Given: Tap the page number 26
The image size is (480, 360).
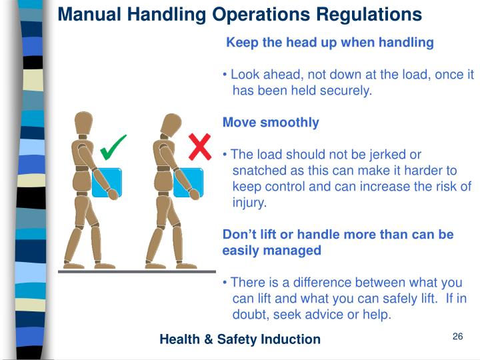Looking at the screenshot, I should click(457, 336).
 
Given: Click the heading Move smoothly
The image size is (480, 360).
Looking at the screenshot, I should click(271, 123).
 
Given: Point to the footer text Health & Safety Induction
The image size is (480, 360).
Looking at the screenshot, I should click(240, 339).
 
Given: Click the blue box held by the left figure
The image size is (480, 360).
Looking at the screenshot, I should click(107, 182).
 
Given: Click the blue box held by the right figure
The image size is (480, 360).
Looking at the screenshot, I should click(189, 182).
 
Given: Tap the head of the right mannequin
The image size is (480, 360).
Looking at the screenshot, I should click(170, 124).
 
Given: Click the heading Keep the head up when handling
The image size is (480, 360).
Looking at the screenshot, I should click(330, 43).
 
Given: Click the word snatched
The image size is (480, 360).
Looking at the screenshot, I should click(257, 171).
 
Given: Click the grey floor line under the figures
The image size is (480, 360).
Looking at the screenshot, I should click(137, 271).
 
